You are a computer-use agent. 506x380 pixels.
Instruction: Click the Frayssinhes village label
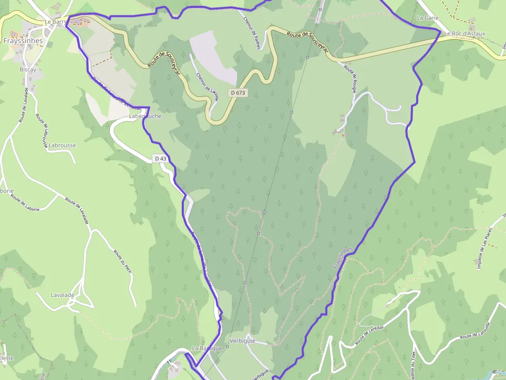point(23,40)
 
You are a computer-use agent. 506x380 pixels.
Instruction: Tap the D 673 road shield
point(238,93)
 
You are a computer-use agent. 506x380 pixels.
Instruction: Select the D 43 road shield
point(161,159)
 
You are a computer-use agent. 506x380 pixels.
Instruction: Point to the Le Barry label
point(55,22)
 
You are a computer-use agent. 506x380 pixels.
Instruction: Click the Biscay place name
point(28,69)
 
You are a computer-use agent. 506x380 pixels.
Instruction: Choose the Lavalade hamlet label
point(62,295)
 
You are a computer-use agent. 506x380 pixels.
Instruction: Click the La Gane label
point(427,18)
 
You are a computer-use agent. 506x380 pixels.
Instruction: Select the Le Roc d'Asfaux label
point(465,34)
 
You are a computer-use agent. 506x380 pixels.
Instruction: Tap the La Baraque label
point(207,348)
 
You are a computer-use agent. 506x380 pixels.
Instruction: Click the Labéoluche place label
point(145,116)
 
